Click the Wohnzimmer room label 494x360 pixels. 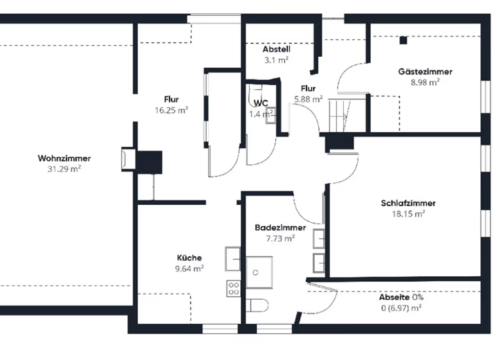point(64,158)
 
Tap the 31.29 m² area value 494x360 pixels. point(64,169)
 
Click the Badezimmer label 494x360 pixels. point(280,228)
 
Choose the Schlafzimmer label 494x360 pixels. point(408,203)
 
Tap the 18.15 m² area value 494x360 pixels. point(408,214)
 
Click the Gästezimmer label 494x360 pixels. point(425,72)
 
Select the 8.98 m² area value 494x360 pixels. point(425,82)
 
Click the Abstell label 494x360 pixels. point(276,50)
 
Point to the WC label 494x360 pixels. point(261,103)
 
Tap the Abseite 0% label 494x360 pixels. point(401,298)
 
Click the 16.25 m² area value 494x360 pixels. point(171,110)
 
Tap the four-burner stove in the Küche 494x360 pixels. point(233,289)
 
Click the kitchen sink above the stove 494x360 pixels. point(233,259)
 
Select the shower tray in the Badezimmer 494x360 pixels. point(259,273)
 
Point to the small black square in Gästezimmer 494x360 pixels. point(403,40)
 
